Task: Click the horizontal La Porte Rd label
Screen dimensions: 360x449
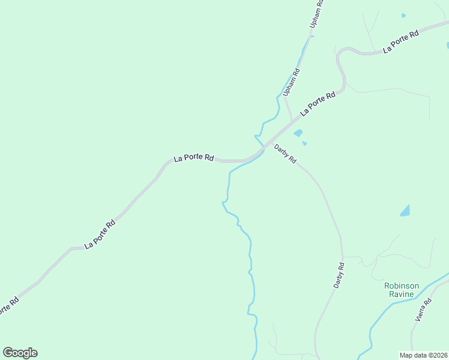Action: (194, 158)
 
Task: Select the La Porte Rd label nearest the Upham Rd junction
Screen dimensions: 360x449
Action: (318, 104)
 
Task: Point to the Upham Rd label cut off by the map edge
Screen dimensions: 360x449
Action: (316, 13)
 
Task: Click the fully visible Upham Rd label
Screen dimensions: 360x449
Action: (291, 83)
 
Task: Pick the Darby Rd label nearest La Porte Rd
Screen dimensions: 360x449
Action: (285, 155)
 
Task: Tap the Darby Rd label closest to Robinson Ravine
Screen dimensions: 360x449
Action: (339, 276)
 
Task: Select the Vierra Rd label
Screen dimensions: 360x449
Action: (424, 310)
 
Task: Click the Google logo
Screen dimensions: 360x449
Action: (20, 353)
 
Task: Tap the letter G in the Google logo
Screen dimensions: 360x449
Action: (8, 353)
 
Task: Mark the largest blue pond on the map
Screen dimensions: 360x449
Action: (406, 211)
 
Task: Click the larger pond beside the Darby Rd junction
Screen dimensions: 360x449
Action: (298, 133)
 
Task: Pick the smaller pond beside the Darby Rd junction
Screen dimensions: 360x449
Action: (304, 143)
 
